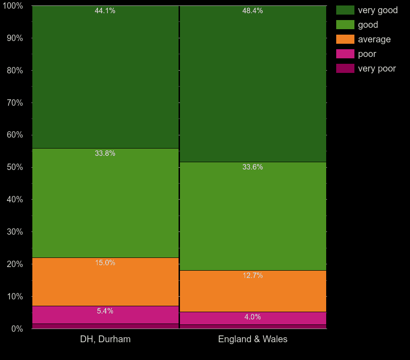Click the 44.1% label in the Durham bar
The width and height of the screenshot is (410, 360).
[x=105, y=11]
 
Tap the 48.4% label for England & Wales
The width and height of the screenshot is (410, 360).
[x=252, y=11]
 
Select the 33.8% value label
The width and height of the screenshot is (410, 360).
[x=105, y=154]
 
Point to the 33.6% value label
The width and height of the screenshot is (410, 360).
[x=252, y=167]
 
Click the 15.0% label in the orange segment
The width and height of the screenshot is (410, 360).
[x=105, y=263]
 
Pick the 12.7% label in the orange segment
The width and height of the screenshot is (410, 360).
[x=252, y=276]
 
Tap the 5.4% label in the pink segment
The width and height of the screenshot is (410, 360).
[x=105, y=311]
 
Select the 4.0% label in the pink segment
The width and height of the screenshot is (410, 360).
[x=252, y=317]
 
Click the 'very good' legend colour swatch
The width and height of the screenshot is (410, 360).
[x=345, y=10]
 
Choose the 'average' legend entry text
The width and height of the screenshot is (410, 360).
[x=374, y=39]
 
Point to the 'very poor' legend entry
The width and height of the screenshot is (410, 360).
[x=377, y=68]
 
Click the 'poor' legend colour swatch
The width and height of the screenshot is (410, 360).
[x=345, y=54]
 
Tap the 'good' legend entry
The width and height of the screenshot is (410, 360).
[x=368, y=25]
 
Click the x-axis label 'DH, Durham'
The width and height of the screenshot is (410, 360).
[x=105, y=339]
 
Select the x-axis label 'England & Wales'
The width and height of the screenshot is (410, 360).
[x=253, y=339]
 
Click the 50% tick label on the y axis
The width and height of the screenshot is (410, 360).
[x=15, y=167]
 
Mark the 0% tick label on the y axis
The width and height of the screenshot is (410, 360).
[x=17, y=329]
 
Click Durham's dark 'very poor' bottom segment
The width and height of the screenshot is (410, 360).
[x=105, y=326]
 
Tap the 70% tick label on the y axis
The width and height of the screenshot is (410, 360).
[x=15, y=103]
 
